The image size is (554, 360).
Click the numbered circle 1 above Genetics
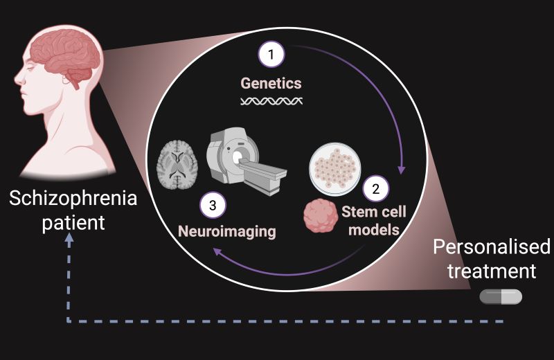271,54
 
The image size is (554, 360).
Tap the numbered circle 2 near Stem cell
376,187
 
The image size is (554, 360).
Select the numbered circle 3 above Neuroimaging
213,206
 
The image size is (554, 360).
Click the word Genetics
271,84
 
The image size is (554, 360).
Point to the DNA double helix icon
271,102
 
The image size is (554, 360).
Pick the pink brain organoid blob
321,216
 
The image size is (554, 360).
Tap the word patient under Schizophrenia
73,224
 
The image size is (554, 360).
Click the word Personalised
492,247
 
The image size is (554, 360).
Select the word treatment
492,271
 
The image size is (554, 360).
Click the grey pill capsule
501,296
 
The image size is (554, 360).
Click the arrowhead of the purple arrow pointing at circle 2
401,170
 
